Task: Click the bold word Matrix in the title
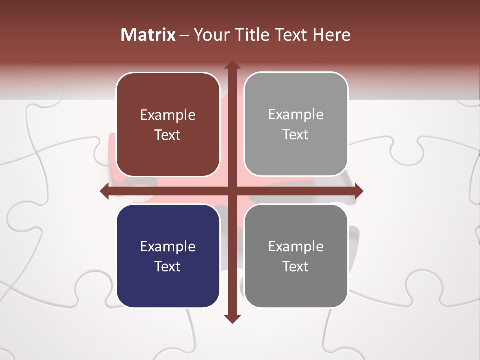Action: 148,35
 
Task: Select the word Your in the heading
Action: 208,35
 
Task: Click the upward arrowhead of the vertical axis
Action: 232,65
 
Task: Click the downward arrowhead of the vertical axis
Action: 232,318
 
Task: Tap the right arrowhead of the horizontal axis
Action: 358,191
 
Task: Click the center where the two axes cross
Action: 232,191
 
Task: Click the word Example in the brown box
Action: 168,115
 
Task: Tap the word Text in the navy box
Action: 168,266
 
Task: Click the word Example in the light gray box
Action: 296,115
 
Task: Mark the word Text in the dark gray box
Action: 296,266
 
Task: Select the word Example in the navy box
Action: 168,247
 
